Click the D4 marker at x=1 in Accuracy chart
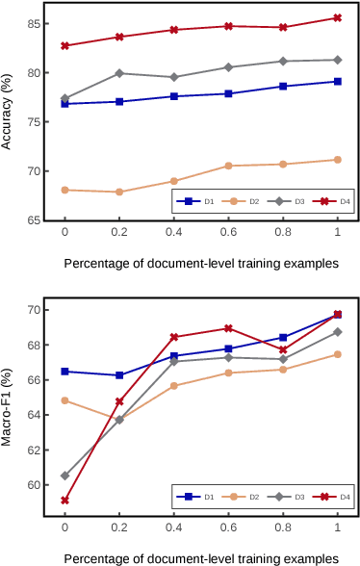[337, 17]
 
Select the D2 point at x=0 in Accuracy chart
[64, 190]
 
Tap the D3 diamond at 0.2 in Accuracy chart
[119, 73]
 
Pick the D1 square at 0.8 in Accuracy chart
[283, 86]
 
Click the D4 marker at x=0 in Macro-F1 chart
[64, 501]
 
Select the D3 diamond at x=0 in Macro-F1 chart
[64, 476]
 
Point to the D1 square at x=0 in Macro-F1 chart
[64, 372]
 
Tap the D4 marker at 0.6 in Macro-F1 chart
[228, 328]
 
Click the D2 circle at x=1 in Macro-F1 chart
[337, 354]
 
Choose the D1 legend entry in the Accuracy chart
[195, 201]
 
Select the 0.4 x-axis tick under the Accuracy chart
[173, 233]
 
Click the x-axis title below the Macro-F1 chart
[201, 557]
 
